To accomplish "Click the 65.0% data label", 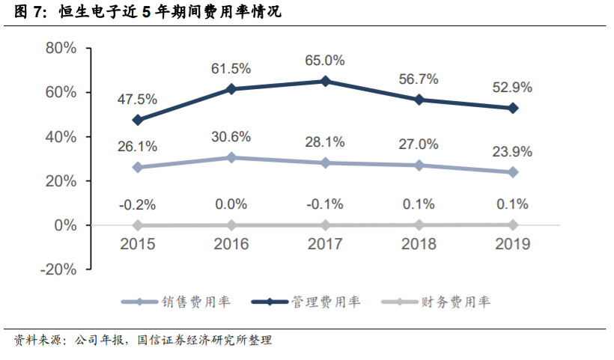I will click(324, 60).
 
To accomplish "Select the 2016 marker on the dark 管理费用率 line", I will click(231, 89).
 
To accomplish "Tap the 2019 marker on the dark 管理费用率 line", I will click(513, 108).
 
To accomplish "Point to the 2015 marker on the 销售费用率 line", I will click(137, 167).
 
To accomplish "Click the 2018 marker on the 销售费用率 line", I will click(419, 165).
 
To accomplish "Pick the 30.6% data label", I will click(231, 137).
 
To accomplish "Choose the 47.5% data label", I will click(137, 99).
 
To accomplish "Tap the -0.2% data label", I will click(137, 204).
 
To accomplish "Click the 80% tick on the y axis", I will click(61, 49).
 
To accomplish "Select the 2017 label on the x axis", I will click(325, 244).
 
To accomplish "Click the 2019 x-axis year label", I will click(513, 244).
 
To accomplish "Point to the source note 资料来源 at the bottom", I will click(142, 341).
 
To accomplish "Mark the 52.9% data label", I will click(513, 88).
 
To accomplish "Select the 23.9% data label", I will click(513, 152).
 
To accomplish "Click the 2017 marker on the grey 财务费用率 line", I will click(325, 225).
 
